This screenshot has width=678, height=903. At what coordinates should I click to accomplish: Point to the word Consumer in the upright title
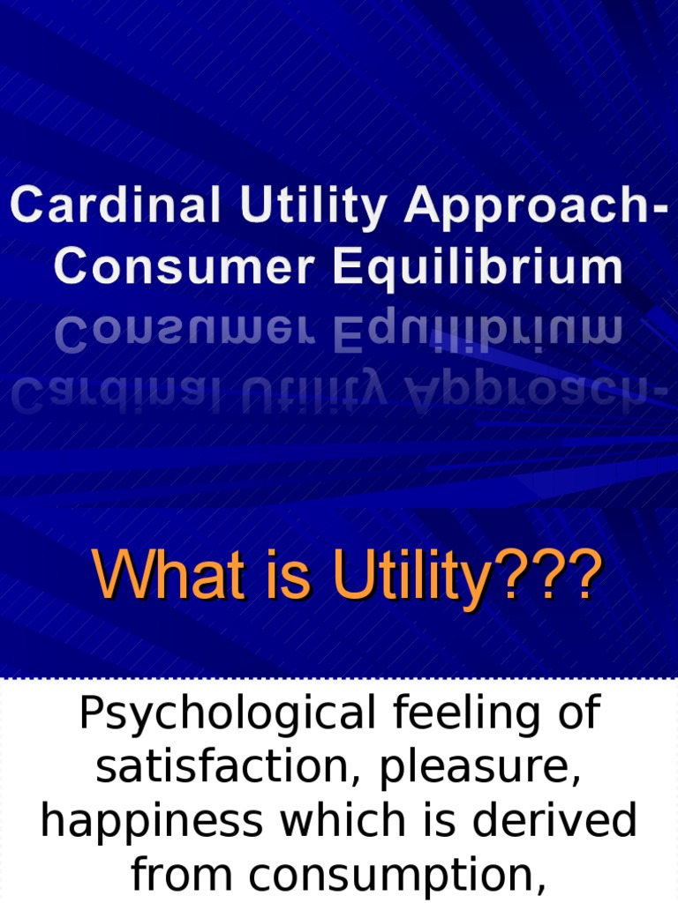point(179,267)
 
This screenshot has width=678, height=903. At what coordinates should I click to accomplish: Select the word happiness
point(151,822)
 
